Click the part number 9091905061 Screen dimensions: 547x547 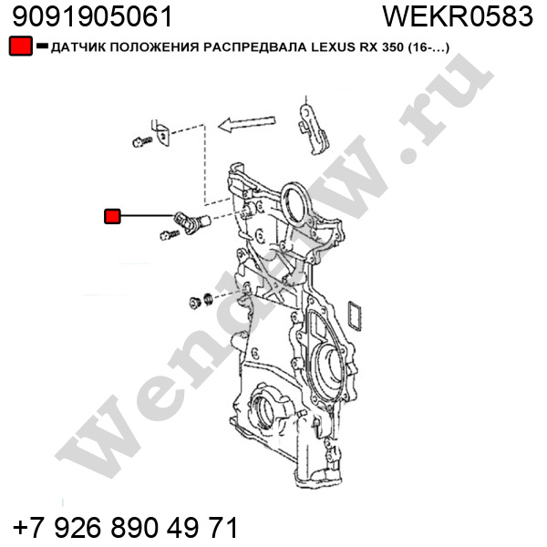(92, 16)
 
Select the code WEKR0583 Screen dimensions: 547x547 (458, 16)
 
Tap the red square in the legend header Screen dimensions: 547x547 (21, 46)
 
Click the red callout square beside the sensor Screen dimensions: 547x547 (112, 216)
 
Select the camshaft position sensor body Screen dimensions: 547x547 (191, 222)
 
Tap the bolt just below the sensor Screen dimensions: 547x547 (170, 235)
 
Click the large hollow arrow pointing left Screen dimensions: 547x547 (247, 123)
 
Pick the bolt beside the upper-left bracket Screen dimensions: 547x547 (142, 141)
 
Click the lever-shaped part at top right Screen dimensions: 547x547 (314, 130)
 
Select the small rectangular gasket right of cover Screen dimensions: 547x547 (355, 315)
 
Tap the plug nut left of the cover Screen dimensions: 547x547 (194, 303)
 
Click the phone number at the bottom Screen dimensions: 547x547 (125, 526)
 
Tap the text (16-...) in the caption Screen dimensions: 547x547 (428, 47)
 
